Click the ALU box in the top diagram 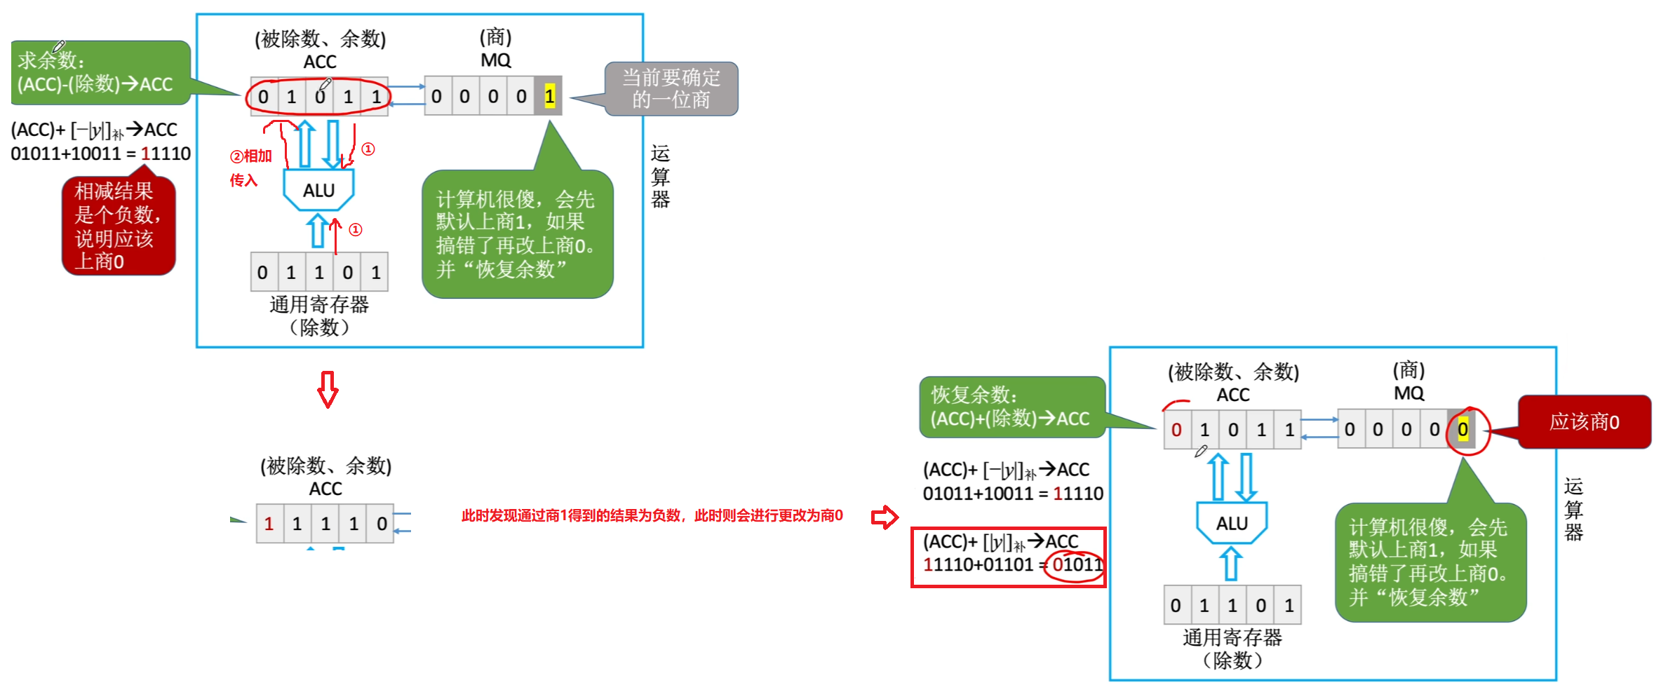pyautogui.click(x=318, y=190)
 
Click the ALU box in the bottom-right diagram pyautogui.click(x=1232, y=523)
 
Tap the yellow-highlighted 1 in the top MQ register pyautogui.click(x=549, y=96)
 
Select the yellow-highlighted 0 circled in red pyautogui.click(x=1462, y=429)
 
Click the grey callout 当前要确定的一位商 pyautogui.click(x=671, y=88)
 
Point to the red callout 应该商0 pyautogui.click(x=1584, y=421)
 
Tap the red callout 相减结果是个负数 pyautogui.click(x=117, y=226)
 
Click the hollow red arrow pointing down pyautogui.click(x=328, y=389)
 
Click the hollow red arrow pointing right pyautogui.click(x=884, y=517)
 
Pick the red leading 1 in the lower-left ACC pyautogui.click(x=269, y=523)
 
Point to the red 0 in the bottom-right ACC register pyautogui.click(x=1176, y=429)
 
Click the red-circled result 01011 pyautogui.click(x=1075, y=565)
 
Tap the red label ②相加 pyautogui.click(x=251, y=156)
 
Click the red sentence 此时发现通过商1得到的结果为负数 pyautogui.click(x=651, y=515)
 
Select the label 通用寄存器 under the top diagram pyautogui.click(x=319, y=304)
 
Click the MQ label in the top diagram pyautogui.click(x=495, y=60)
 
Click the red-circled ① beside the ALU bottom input pyautogui.click(x=356, y=229)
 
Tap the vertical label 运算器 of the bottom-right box pyautogui.click(x=1573, y=510)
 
